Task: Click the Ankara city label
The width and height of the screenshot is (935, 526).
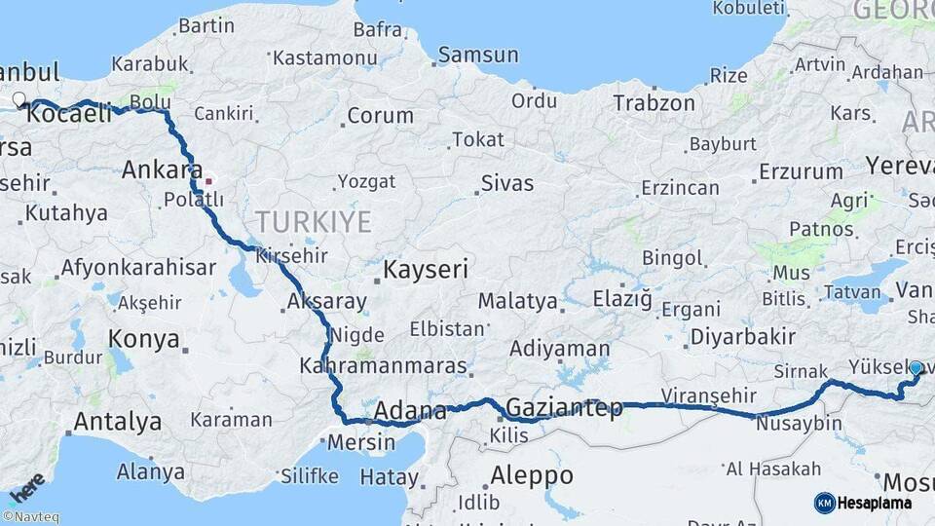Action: pos(162,170)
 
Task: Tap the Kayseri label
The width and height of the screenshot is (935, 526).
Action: pos(426,269)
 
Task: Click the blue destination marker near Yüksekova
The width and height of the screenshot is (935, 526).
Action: pos(916,368)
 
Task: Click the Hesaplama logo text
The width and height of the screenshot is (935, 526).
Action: pos(876,503)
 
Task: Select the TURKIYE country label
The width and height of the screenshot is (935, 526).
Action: pos(314,222)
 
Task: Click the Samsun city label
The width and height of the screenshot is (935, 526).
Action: pos(478,56)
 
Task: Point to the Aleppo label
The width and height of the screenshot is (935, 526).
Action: pos(532,476)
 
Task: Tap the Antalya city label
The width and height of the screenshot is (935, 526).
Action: pos(117,422)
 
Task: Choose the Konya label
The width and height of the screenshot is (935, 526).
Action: pos(144,339)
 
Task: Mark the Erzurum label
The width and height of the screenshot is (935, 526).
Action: pos(802,172)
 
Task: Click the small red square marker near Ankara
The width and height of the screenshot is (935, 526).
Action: pos(207,181)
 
